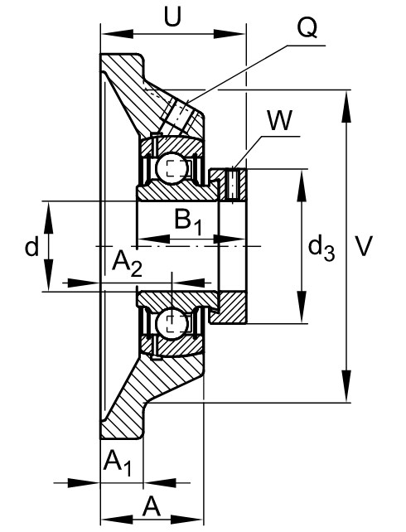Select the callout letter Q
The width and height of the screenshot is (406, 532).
coord(307,28)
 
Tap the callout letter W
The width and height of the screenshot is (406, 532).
coord(279,120)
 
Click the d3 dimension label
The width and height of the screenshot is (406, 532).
coord(321,249)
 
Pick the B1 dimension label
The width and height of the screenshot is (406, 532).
coord(188,222)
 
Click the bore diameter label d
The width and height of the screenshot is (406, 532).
coord(31,246)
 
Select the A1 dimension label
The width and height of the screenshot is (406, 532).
coord(118,463)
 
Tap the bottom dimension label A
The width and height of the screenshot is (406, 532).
coord(152,506)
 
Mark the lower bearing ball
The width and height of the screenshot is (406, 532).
coord(172,322)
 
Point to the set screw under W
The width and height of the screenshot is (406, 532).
coord(233,183)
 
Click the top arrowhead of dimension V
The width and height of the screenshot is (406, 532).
coord(346,106)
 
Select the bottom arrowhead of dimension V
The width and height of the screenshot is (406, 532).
coord(346,386)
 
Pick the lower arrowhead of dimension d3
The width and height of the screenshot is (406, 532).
coord(302,307)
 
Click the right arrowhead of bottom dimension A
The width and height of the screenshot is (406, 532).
coord(186,520)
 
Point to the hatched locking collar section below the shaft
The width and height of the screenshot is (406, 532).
coord(233,307)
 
